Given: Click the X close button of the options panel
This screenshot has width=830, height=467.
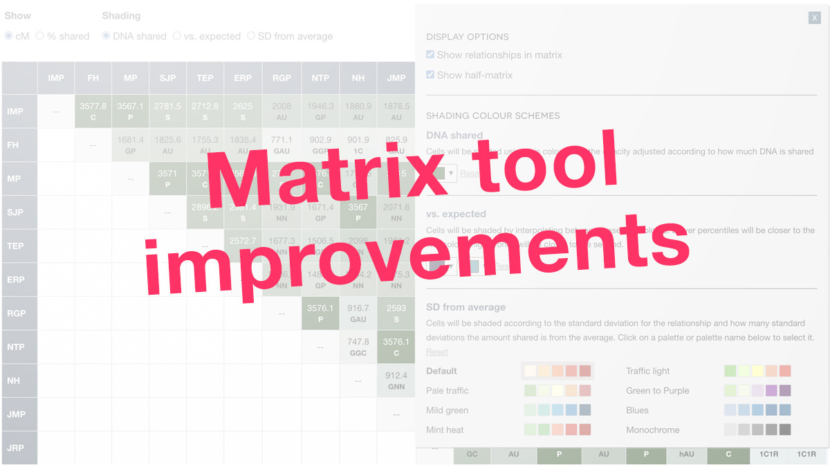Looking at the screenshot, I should tap(815, 17).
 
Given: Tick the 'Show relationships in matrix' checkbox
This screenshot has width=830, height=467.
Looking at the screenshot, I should tap(430, 55).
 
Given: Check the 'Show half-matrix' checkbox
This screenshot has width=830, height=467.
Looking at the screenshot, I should tap(430, 75).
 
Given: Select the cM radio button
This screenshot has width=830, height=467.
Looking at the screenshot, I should tap(9, 36).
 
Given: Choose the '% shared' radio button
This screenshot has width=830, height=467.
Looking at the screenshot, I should tap(40, 36).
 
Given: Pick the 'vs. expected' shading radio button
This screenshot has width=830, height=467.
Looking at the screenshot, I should tap(177, 36).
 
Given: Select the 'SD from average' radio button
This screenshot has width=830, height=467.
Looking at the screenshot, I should tap(251, 36).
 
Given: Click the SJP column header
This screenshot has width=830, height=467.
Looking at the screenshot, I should tap(167, 78).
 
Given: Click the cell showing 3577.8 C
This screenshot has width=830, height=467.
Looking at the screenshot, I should tap(93, 111).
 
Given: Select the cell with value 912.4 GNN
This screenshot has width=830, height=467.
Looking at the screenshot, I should tap(396, 381).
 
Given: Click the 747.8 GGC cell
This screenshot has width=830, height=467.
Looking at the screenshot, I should tap(358, 347).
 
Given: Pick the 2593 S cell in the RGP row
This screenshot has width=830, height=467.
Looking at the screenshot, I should tap(396, 313).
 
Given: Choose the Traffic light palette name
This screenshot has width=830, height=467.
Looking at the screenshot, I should tap(648, 371).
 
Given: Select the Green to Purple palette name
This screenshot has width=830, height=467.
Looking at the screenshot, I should tap(658, 390).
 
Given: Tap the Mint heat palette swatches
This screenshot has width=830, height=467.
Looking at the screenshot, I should tap(557, 430).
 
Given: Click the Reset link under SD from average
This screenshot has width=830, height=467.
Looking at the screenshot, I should tap(437, 352).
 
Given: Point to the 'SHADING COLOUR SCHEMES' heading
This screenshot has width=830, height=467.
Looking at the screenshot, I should tap(493, 116).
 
